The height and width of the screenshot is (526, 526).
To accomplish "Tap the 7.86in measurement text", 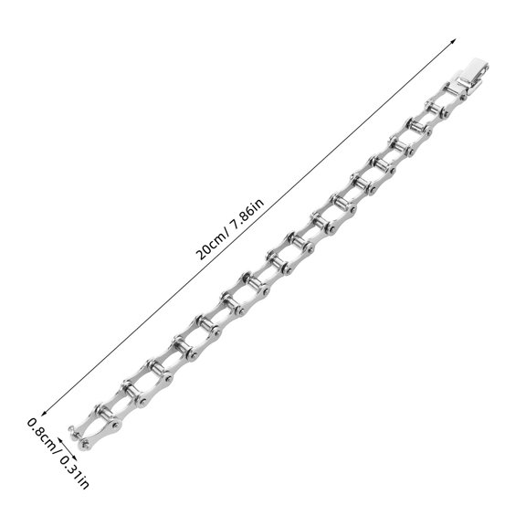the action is (x=247, y=214).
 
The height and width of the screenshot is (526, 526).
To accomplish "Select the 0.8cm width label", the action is (x=40, y=432).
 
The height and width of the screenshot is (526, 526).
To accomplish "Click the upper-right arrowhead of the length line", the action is (x=454, y=40).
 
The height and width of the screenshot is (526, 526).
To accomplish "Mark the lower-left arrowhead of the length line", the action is (x=43, y=414).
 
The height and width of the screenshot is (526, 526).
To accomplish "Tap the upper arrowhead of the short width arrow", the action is (x=59, y=439).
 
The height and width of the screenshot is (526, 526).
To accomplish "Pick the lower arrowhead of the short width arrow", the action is (x=75, y=458).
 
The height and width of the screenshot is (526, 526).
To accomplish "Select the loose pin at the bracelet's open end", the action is (x=75, y=432).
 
